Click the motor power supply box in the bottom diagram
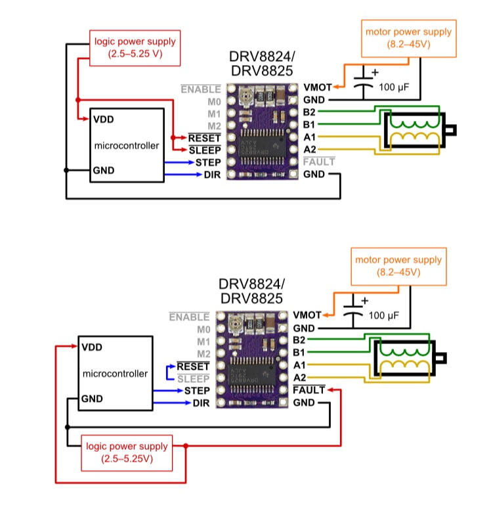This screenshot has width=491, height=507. (398, 265)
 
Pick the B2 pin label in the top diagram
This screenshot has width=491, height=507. (310, 112)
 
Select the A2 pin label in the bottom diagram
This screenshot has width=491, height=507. (301, 378)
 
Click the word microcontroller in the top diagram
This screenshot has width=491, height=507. (127, 145)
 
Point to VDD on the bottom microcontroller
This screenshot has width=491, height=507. (91, 347)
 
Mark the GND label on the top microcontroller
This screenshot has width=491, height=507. (104, 170)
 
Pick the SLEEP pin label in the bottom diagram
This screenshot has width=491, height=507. (194, 379)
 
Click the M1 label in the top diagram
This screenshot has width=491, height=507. (213, 114)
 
